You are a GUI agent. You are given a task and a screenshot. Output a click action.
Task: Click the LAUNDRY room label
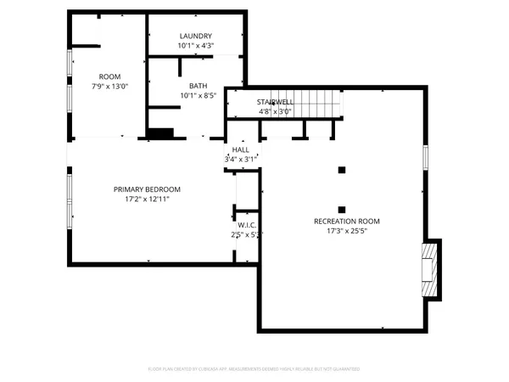[x=195, y=36]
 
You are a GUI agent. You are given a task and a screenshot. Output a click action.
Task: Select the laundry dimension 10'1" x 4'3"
[x=195, y=45]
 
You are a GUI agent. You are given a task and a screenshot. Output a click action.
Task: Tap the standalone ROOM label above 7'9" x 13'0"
[x=109, y=76]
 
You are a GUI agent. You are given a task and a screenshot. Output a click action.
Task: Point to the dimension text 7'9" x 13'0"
[x=109, y=86]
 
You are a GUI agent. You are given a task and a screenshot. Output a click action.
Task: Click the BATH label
[x=198, y=86]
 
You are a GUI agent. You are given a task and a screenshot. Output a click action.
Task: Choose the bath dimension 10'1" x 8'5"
[x=198, y=96]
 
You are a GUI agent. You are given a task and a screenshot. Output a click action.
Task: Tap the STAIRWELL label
[x=275, y=102]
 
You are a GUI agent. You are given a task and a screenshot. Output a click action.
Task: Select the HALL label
[x=241, y=149]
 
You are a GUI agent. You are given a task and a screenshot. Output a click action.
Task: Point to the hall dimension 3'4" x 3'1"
[x=241, y=159]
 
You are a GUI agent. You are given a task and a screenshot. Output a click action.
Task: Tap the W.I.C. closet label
[x=247, y=225]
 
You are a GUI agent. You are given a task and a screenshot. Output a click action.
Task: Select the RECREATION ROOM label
[x=346, y=221]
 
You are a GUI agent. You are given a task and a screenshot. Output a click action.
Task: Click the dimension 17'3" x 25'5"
[x=346, y=231]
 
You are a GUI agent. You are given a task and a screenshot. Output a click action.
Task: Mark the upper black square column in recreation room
[x=342, y=170]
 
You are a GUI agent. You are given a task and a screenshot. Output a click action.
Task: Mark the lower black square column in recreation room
[x=342, y=209]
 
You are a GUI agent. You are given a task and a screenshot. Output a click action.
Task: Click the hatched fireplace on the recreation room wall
[x=433, y=269]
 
